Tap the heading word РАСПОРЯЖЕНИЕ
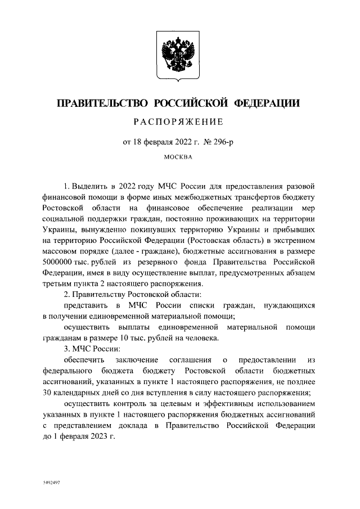178,122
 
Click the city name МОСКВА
178,157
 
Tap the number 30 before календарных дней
48,393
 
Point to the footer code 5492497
52,483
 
